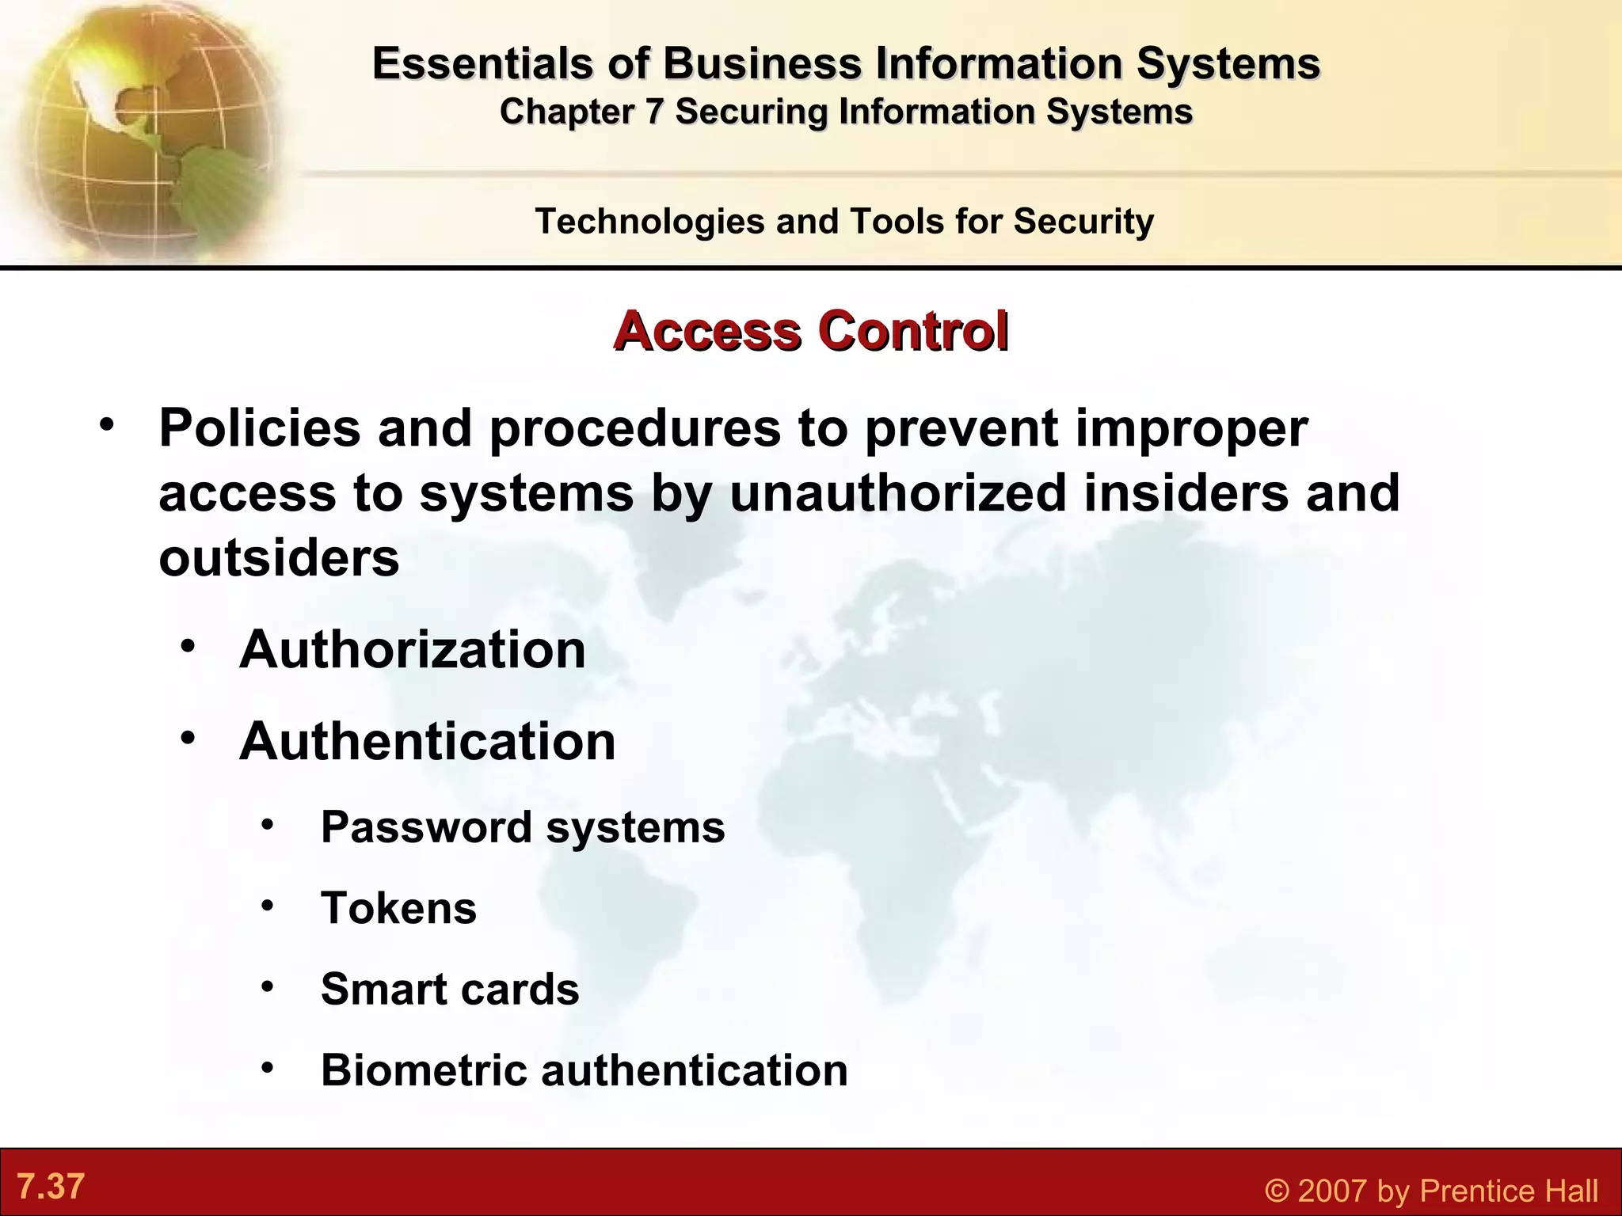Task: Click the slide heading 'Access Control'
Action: click(810, 331)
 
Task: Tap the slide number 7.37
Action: click(51, 1187)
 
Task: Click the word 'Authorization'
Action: click(413, 650)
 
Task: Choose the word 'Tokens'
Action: click(398, 908)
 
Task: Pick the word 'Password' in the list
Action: click(426, 827)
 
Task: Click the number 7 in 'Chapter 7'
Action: click(653, 112)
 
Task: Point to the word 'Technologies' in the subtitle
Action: click(649, 221)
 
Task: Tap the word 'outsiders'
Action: click(279, 558)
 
